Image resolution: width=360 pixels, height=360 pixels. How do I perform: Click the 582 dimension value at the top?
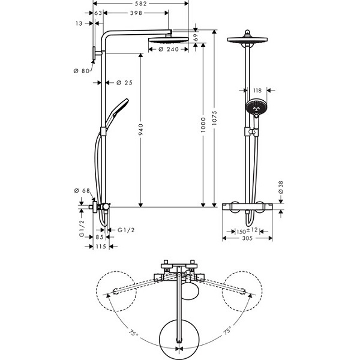click(141, 4)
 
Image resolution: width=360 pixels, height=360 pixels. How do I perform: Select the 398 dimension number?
click(136, 13)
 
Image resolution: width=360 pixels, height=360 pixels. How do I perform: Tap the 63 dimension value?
click(98, 13)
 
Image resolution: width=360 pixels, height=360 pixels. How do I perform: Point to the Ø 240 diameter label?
click(169, 49)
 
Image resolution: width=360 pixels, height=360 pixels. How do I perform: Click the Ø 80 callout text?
click(82, 71)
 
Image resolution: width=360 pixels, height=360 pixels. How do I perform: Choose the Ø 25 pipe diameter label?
click(124, 82)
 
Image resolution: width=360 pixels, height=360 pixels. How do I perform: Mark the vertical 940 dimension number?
click(141, 130)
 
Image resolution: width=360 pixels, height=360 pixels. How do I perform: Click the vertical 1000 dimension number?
click(203, 125)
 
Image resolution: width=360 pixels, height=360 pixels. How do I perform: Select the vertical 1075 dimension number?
click(214, 118)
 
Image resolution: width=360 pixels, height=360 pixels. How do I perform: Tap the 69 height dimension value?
click(196, 37)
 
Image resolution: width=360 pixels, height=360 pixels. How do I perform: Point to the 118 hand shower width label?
click(257, 91)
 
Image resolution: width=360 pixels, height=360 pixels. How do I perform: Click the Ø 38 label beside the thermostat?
click(281, 187)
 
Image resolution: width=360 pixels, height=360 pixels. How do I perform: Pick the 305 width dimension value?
click(247, 238)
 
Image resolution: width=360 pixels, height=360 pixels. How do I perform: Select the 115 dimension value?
click(101, 247)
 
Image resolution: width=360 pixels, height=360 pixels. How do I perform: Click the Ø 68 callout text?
click(82, 191)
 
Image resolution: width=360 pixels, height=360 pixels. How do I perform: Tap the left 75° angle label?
click(133, 332)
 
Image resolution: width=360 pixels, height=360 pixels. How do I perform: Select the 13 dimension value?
click(79, 23)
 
